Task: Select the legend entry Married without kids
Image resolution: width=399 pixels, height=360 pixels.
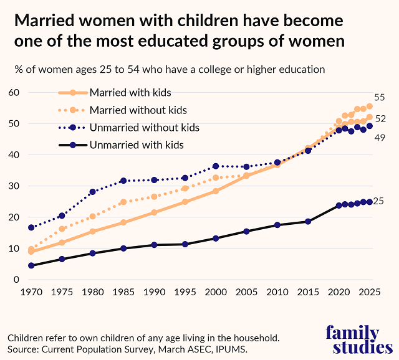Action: pyautogui.click(x=138, y=110)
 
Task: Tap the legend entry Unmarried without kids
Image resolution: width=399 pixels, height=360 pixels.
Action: pyautogui.click(x=144, y=128)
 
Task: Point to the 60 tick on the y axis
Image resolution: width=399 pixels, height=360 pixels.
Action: pyautogui.click(x=13, y=93)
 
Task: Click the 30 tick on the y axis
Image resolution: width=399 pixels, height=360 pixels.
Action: pyautogui.click(x=13, y=186)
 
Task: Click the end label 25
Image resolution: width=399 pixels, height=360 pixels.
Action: pyautogui.click(x=380, y=201)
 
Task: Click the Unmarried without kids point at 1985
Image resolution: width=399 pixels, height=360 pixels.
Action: pyautogui.click(x=123, y=181)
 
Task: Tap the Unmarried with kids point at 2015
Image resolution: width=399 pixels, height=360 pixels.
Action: pyautogui.click(x=308, y=221)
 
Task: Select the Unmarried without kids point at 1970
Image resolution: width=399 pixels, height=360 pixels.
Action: pyautogui.click(x=31, y=228)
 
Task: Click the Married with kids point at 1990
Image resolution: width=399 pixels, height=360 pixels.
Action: pyautogui.click(x=154, y=212)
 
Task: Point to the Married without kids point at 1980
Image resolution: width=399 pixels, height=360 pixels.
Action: pyautogui.click(x=93, y=216)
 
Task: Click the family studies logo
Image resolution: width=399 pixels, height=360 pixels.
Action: pyautogui.click(x=352, y=339)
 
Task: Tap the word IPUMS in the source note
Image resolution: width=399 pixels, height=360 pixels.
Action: pyautogui.click(x=233, y=349)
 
